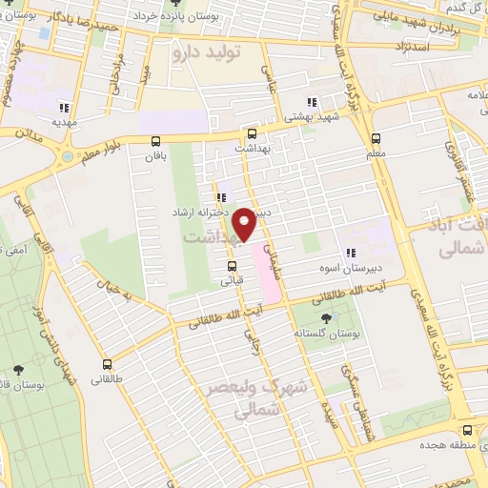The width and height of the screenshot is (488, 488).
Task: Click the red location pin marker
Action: [245, 223]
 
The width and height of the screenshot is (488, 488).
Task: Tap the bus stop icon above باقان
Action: [155, 140]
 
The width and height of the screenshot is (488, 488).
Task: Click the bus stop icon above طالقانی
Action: [106, 363]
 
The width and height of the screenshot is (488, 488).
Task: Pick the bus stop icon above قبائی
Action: [232, 266]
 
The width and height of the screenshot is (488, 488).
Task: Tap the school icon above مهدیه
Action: [65, 108]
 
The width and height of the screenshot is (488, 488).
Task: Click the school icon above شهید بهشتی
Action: [312, 102]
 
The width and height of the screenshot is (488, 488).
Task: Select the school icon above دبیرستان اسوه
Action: [351, 253]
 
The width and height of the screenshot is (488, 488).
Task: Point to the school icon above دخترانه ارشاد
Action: [222, 198]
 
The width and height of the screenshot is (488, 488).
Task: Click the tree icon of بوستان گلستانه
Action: [328, 317]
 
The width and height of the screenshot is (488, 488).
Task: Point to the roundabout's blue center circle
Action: [70, 154]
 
